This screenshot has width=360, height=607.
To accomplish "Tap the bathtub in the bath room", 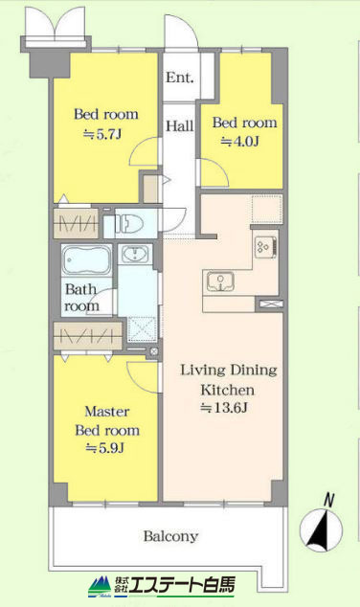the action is click(x=87, y=259).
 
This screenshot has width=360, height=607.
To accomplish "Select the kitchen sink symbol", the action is click(x=220, y=281).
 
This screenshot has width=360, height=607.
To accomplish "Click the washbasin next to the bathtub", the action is click(x=136, y=255).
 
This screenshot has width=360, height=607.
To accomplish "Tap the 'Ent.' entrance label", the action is click(x=180, y=78).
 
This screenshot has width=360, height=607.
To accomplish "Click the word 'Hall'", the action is click(x=180, y=125).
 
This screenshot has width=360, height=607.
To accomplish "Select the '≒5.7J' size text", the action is click(x=102, y=134).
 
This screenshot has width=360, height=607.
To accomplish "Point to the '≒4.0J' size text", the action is click(x=239, y=142).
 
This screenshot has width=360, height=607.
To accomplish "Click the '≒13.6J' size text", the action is click(x=224, y=408).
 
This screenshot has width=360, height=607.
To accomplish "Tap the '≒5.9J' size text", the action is click(x=104, y=448).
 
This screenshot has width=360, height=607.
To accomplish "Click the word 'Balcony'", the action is click(x=170, y=536).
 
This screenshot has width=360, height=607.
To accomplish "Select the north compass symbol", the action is click(x=322, y=530).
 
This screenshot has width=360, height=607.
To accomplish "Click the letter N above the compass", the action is click(x=328, y=500).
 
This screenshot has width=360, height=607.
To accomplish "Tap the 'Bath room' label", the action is click(x=81, y=298).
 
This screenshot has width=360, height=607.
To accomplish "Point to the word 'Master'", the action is click(x=107, y=411).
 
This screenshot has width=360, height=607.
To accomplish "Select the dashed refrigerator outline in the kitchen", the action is click(x=267, y=210).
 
